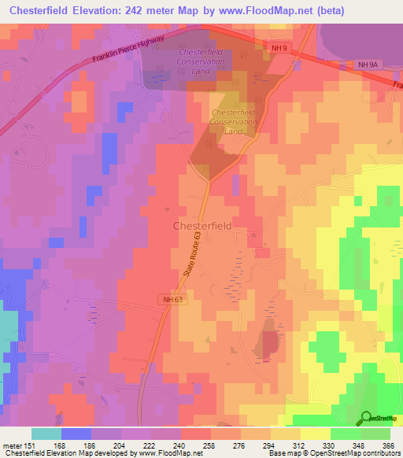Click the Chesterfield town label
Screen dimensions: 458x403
[201, 225]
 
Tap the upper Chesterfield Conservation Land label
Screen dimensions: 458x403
[200, 61]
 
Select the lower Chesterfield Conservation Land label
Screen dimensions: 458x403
[234, 122]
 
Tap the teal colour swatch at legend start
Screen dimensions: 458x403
[46, 433]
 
